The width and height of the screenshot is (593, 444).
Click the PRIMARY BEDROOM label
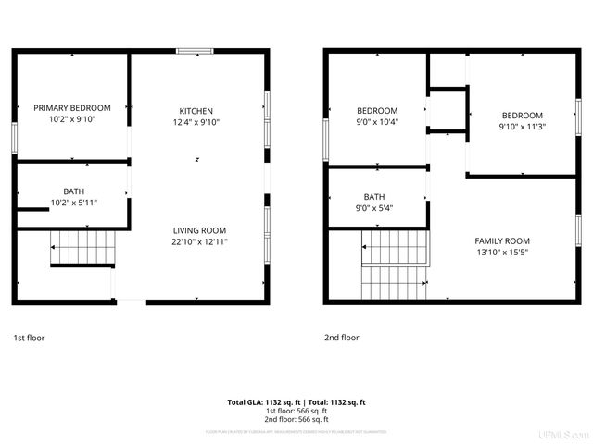tap(72, 107)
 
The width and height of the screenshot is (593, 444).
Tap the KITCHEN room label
tap(196, 111)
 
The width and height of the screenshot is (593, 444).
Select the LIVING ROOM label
tap(199, 230)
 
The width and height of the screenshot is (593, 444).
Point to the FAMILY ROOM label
tap(502, 240)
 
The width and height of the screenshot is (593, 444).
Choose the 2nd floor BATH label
tap(374, 197)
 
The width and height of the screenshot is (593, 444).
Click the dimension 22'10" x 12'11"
tap(199, 241)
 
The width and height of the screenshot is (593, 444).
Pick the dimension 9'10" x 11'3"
tap(522, 127)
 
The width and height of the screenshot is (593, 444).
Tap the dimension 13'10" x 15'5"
tap(502, 252)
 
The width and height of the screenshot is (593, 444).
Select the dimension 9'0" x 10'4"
tap(377, 122)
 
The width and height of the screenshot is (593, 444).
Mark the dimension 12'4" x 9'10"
tap(196, 122)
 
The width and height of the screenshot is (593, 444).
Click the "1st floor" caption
tap(29, 339)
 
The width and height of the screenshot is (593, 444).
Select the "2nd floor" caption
tap(341, 339)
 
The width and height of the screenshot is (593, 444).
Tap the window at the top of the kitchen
tap(196, 52)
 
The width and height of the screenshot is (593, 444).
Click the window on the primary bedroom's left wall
tap(14, 137)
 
